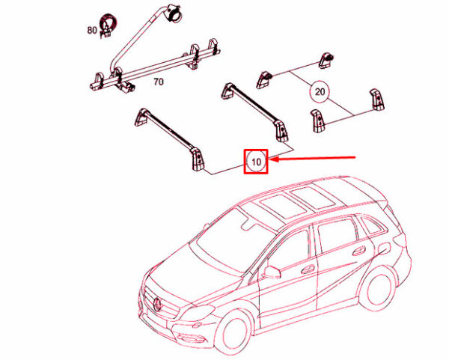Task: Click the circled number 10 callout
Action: point(256,162)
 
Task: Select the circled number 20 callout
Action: point(320,91)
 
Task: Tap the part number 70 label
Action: point(159,82)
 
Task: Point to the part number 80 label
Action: point(92,30)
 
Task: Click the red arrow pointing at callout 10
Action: point(312,158)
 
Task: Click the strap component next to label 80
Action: point(107,25)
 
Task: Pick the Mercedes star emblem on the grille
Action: point(158,304)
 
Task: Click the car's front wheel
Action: point(234,333)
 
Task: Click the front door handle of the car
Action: point(307,269)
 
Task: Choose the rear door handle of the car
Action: point(358,252)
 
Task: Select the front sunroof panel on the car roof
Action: point(275,206)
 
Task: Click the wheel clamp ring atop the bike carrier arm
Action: point(174,13)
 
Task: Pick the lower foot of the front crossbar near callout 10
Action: point(198,160)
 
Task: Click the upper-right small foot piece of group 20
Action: point(326,60)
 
